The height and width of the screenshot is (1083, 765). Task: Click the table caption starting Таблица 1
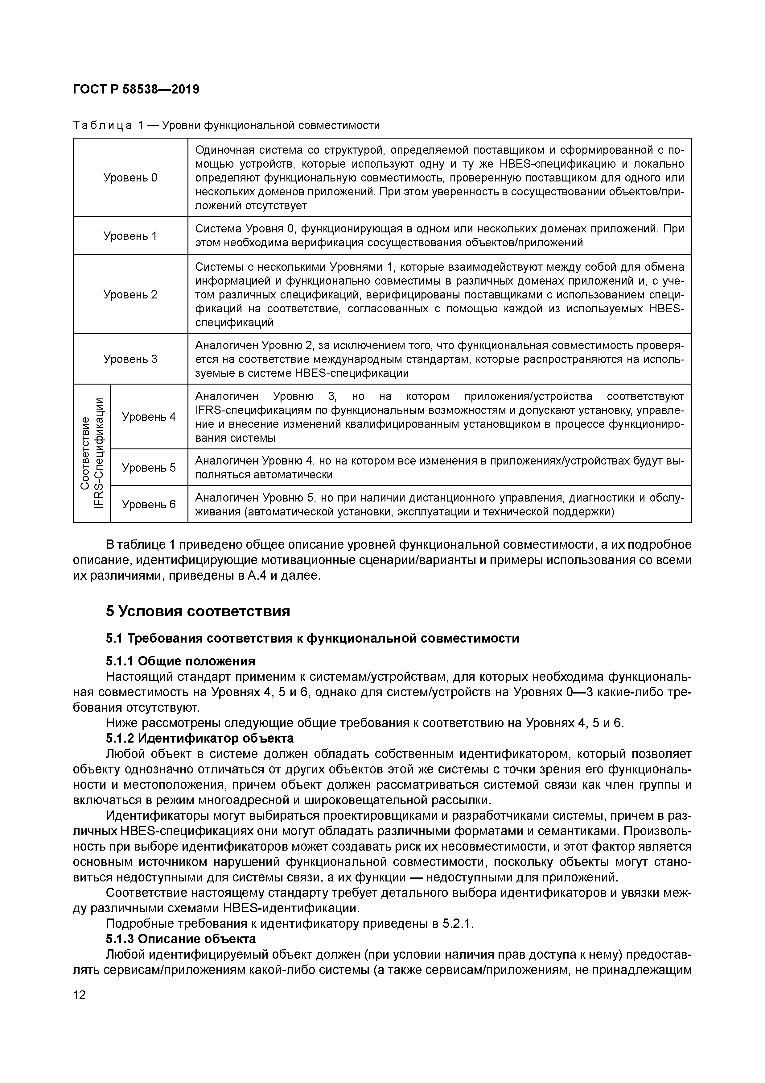click(226, 126)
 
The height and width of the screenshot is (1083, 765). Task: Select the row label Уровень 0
click(130, 177)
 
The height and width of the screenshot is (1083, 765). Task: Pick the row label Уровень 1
click(130, 236)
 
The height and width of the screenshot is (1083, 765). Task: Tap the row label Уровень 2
click(130, 294)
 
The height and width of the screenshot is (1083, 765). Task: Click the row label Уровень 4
click(149, 416)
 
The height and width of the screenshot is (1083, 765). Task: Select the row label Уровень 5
click(149, 468)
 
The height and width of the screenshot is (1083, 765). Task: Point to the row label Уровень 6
click(149, 504)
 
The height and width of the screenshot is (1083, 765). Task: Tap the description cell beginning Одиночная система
click(439, 177)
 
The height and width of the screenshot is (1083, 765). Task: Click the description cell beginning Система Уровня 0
click(439, 236)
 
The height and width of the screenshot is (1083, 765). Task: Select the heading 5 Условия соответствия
click(198, 612)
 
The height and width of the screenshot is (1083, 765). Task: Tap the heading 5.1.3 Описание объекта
click(181, 938)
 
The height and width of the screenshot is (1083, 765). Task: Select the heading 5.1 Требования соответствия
click(312, 638)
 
